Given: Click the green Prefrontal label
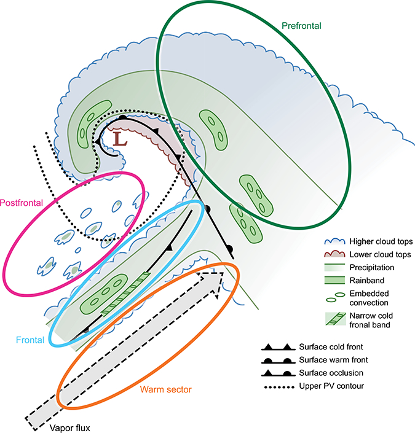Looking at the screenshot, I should coord(301,26).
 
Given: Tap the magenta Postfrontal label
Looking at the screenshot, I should coord(20,202).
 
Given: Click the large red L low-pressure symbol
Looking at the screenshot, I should coord(121,139).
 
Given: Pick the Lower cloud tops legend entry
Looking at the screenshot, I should coord(376,254).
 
